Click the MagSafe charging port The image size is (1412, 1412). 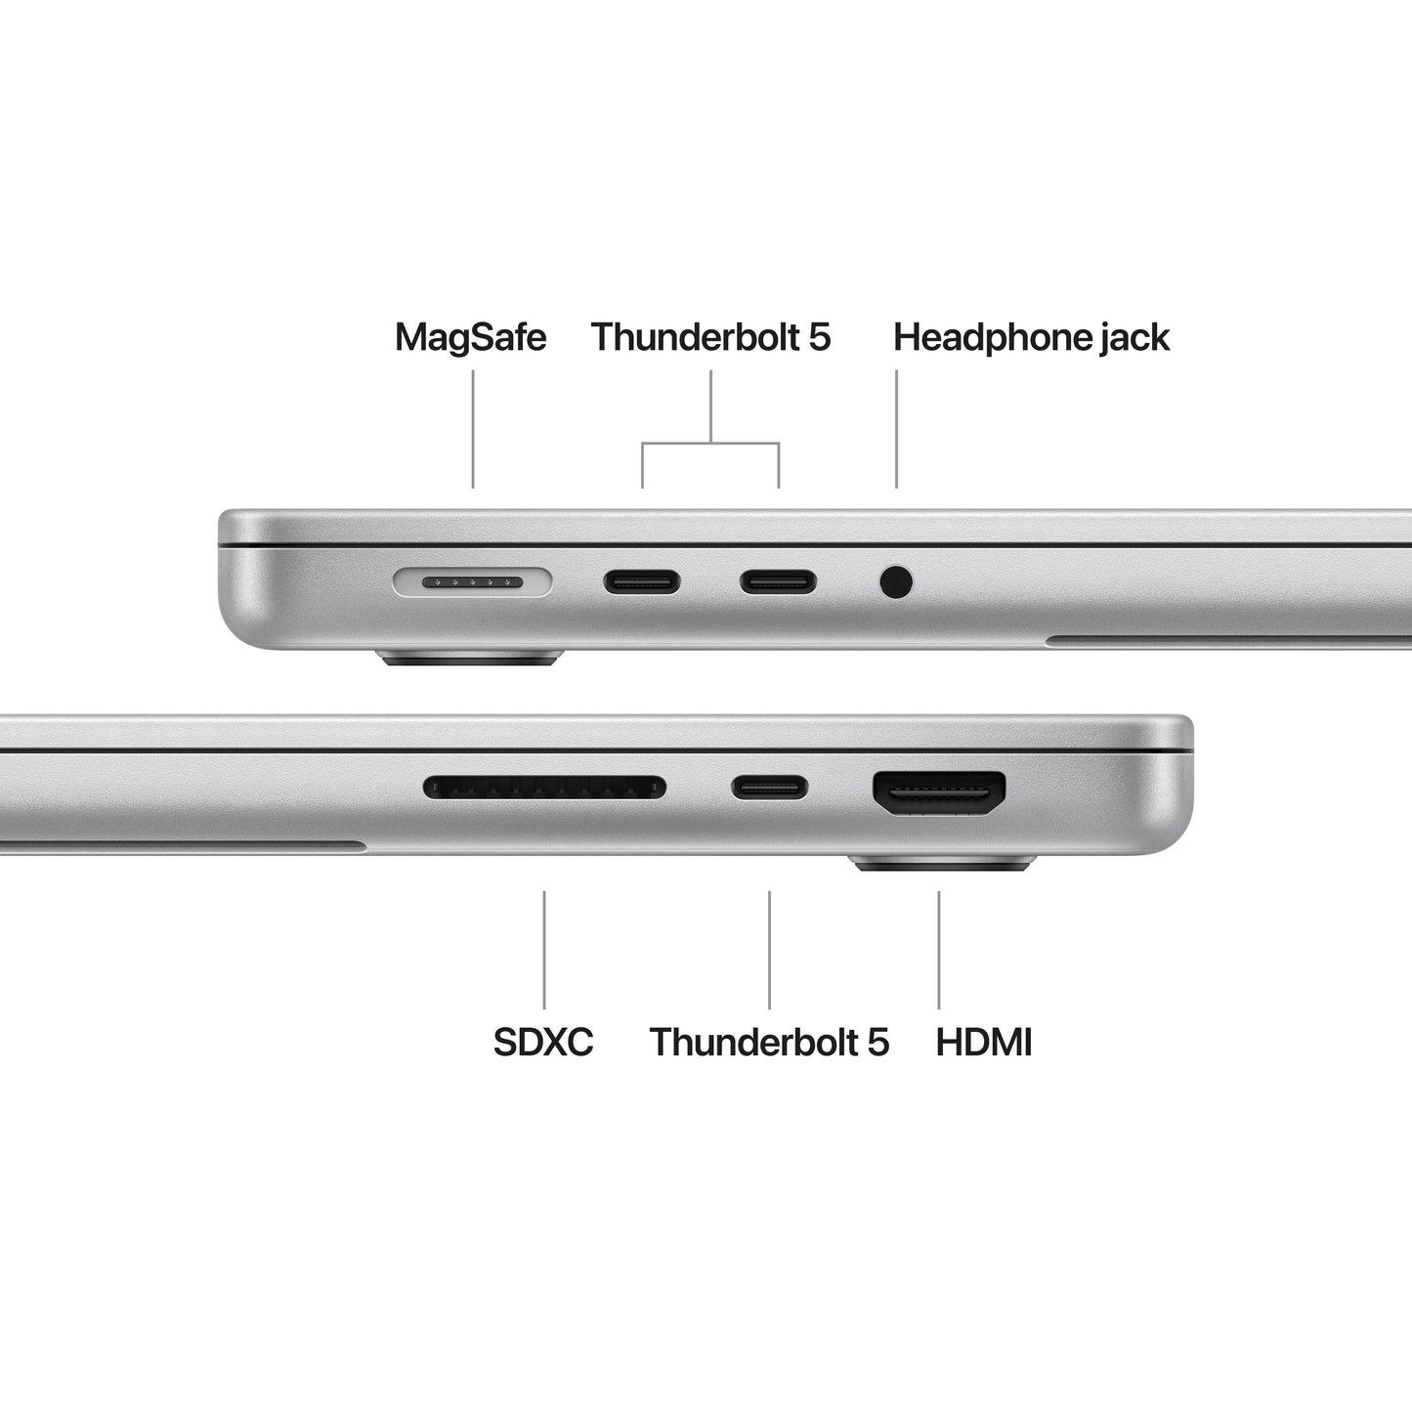472,583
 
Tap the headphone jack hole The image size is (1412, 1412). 896,582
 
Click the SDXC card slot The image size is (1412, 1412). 544,787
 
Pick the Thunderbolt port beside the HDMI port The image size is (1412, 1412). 770,787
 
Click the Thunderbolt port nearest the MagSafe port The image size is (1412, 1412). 642,583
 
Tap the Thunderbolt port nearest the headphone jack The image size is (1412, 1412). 778,583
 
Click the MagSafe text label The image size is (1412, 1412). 470,338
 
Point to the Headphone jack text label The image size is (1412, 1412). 1031,338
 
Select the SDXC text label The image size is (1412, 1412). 543,1043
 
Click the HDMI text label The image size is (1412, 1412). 984,1043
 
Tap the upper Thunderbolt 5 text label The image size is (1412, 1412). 710,338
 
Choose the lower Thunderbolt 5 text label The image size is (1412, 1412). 769,1043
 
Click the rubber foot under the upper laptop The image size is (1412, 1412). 471,658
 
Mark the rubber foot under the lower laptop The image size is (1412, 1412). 942,864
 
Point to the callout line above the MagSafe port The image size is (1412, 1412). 473,430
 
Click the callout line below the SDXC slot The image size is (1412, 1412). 544,949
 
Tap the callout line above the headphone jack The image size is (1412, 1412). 896,430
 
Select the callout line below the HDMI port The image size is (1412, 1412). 939,949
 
